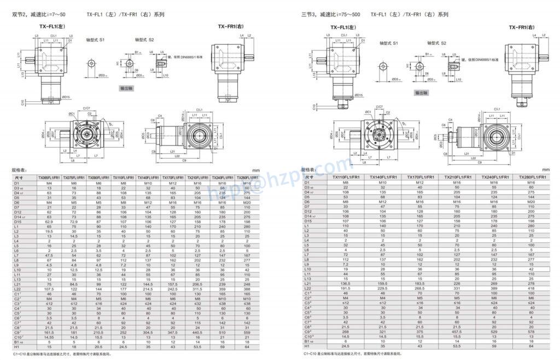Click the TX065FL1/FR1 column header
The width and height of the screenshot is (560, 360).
49,178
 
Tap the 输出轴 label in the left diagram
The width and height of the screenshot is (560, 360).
130,88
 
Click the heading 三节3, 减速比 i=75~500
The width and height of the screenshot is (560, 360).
330,15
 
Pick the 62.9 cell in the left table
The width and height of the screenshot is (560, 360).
49,221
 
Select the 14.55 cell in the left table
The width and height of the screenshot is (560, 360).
49,337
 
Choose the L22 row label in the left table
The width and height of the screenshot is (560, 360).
17,288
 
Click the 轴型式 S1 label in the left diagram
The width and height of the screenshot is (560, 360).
96,40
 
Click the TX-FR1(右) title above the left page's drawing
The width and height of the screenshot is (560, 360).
230,26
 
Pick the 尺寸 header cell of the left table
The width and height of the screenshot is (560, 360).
17,178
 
